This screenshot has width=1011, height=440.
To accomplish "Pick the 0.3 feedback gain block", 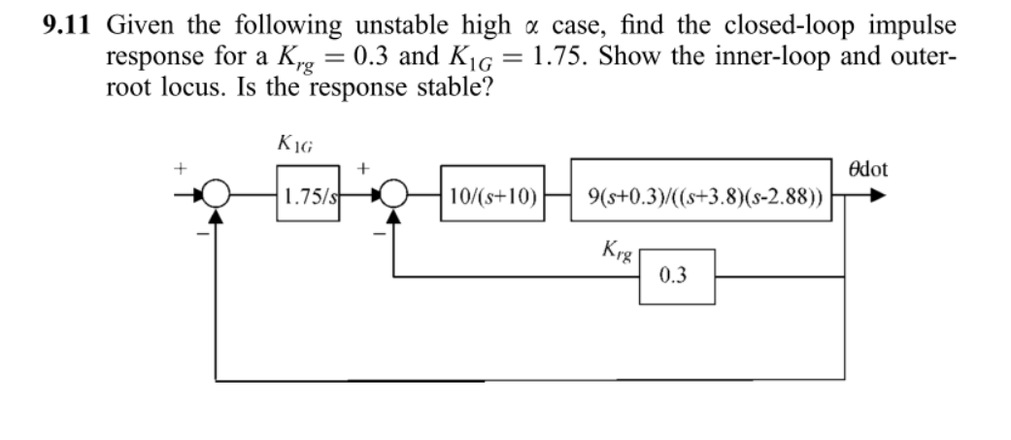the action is click(x=677, y=276).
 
